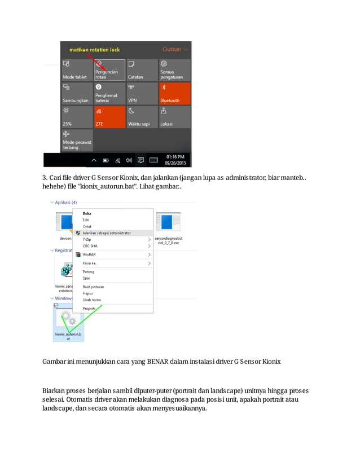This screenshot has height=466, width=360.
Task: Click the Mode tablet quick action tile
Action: tap(77, 70)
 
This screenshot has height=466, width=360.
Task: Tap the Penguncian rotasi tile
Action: tap(109, 70)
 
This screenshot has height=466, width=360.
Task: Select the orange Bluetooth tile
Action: tap(175, 94)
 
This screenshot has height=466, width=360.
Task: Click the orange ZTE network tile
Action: tap(109, 117)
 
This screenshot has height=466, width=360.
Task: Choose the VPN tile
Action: tap(142, 94)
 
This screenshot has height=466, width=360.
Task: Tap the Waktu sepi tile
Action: tap(142, 117)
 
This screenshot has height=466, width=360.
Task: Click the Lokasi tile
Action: tap(175, 117)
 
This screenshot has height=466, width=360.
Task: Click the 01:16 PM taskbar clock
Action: tap(175, 160)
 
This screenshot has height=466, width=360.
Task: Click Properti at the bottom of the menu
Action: tap(89, 309)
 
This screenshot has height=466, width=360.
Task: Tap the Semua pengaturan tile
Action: tap(175, 70)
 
